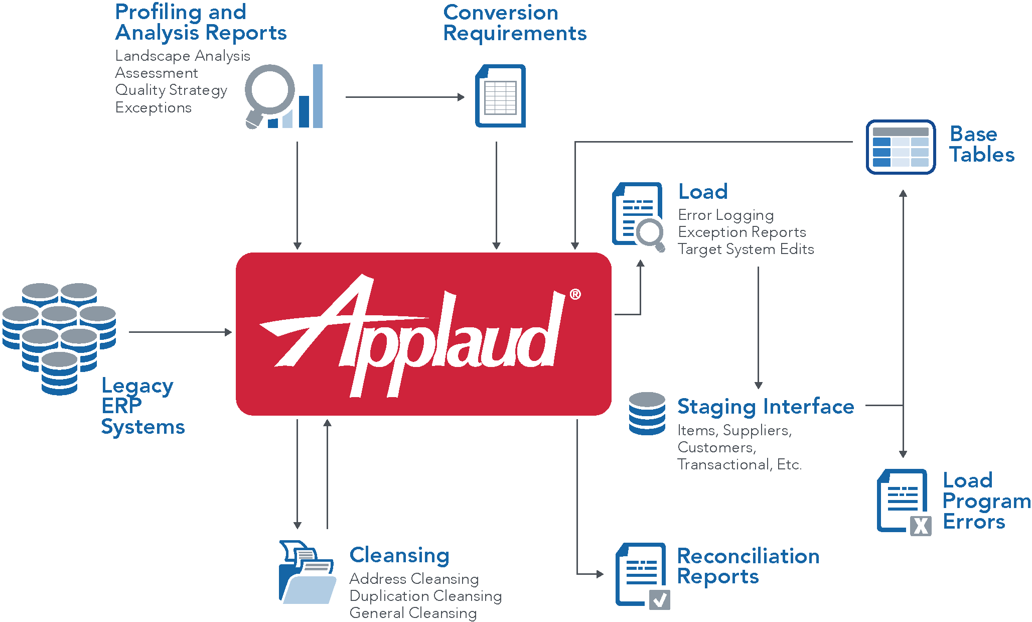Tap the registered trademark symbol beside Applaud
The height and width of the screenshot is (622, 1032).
[575, 294]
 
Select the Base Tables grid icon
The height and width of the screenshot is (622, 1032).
[901, 147]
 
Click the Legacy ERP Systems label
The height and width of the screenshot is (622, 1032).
[142, 406]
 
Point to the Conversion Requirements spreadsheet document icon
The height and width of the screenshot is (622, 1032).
[500, 96]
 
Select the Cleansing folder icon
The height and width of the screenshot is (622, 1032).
[307, 572]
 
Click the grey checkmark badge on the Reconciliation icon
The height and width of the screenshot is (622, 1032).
[659, 599]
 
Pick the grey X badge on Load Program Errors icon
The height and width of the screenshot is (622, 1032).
[921, 526]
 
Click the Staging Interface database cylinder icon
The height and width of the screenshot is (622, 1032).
[647, 413]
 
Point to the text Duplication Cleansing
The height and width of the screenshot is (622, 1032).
[425, 596]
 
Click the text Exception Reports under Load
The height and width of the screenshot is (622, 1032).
[742, 232]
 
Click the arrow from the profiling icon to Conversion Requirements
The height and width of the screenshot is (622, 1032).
[404, 97]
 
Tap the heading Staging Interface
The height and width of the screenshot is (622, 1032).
[765, 407]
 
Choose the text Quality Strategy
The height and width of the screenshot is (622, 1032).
[171, 90]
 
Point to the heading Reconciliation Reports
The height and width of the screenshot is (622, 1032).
[748, 566]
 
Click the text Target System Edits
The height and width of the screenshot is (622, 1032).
[746, 249]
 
